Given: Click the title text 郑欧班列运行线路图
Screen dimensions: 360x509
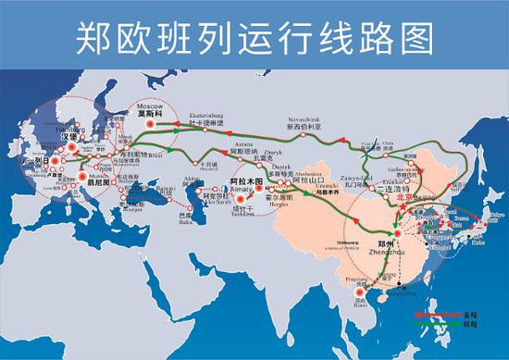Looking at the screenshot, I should pos(254,38).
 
